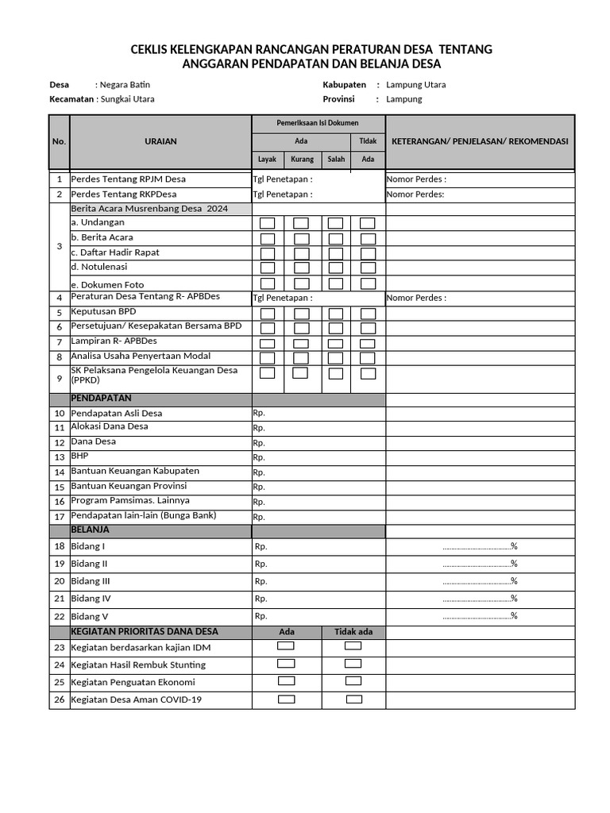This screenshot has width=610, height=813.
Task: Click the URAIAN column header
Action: point(160,141)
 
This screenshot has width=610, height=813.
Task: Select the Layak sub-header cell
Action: point(268,159)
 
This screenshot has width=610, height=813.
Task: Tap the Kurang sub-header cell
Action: point(302,159)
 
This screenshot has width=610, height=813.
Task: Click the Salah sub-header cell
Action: point(336,159)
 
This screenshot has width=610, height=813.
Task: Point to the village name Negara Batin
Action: point(125,84)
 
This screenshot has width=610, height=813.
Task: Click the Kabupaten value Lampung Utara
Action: point(415,84)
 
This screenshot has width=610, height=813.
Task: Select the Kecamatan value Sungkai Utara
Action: point(127,99)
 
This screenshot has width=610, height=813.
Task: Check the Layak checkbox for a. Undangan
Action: point(268,223)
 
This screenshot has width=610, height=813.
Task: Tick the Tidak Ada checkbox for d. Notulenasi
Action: point(368,268)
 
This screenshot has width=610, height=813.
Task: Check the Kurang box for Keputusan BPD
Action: point(302,313)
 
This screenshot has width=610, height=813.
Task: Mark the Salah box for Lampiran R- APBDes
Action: point(336,342)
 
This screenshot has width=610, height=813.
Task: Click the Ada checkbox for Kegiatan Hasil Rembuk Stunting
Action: point(286,664)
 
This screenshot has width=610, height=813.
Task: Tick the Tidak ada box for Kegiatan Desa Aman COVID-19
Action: point(353,699)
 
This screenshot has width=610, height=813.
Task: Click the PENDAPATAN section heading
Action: point(101,398)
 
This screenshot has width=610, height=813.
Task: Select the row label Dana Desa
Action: point(94,441)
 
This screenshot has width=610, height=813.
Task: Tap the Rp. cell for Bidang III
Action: point(261,581)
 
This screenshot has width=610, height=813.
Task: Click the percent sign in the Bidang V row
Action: point(514,616)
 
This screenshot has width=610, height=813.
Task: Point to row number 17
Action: point(60,517)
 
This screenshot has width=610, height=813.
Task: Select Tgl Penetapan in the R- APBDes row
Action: point(282,299)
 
